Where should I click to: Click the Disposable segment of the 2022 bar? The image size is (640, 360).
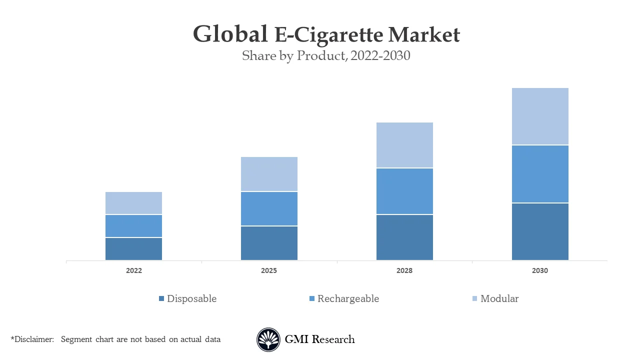point(133,249)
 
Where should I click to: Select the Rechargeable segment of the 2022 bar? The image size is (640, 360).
point(133,226)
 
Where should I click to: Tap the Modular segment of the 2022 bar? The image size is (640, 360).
point(133,203)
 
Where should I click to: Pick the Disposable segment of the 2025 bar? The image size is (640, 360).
point(269,243)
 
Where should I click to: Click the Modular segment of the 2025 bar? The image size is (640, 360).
point(269,174)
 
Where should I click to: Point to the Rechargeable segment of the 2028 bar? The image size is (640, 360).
point(404,191)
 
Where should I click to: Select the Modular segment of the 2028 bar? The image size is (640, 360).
point(404,145)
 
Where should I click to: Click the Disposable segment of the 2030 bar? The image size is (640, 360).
point(540,231)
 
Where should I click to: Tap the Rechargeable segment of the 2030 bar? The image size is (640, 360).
point(540,174)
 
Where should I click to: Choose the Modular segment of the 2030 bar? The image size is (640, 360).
point(540,116)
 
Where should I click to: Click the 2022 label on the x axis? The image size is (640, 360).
point(133,270)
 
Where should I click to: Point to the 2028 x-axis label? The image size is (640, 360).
point(404,270)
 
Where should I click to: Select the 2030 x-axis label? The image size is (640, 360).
point(540,270)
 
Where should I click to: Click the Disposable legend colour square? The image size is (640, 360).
point(161,299)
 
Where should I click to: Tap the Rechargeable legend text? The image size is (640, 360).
point(348,299)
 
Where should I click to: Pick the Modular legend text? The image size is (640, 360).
point(499,299)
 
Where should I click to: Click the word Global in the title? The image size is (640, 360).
point(230,35)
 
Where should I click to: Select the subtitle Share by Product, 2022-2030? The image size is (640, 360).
point(326,55)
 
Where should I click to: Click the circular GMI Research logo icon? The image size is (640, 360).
point(268,339)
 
